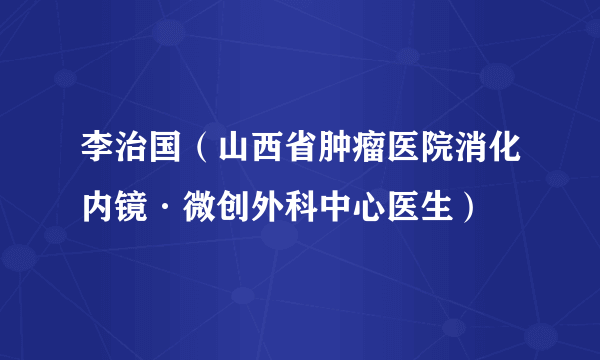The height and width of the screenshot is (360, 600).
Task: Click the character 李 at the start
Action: click(98, 162)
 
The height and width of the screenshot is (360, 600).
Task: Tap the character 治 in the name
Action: click(133, 162)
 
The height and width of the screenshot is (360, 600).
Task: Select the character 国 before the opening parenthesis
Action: click(168, 162)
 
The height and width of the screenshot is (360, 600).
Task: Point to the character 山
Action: click(238, 162)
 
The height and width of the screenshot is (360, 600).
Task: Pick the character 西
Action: click(273, 162)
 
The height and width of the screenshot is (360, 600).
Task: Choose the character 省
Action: click(308, 162)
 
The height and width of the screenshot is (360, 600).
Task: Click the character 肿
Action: click(343, 162)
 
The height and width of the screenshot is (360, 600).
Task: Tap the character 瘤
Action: click(378, 162)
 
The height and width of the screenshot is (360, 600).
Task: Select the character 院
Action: click(448, 162)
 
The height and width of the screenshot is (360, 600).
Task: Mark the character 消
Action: click(483, 162)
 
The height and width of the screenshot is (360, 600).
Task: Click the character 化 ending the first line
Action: click(518, 162)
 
